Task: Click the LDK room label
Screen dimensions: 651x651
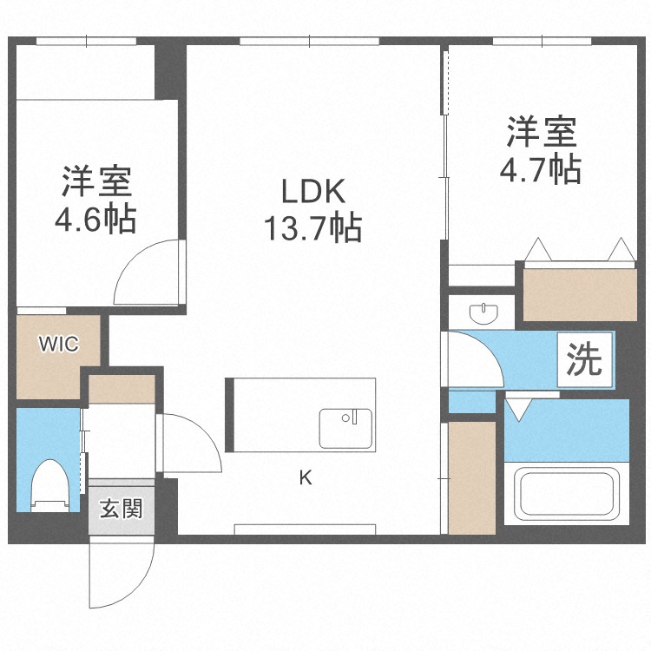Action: pos(312,190)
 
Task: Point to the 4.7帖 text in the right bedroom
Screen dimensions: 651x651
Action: pos(540,169)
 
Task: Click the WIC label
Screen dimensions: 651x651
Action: pos(58,345)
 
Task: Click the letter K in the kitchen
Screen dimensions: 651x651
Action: pos(305,477)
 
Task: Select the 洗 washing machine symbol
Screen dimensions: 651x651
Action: pos(584,359)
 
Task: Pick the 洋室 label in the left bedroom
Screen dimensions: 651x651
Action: pos(95,181)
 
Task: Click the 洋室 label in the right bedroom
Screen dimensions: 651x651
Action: pos(540,132)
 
